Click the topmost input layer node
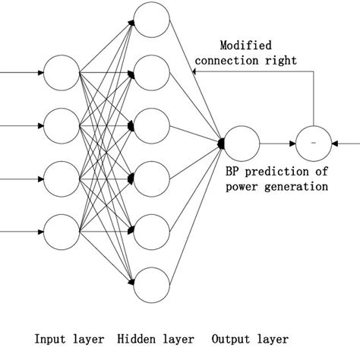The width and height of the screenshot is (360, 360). point(62,73)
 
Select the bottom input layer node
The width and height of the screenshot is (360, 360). point(62,229)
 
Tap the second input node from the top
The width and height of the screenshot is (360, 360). point(62,125)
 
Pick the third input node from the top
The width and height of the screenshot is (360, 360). point(62,178)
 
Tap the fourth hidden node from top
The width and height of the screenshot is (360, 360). point(152,178)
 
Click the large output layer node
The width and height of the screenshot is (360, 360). point(242,142)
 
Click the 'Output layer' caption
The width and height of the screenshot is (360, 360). point(251,339)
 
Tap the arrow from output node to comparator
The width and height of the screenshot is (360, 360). point(278,142)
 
